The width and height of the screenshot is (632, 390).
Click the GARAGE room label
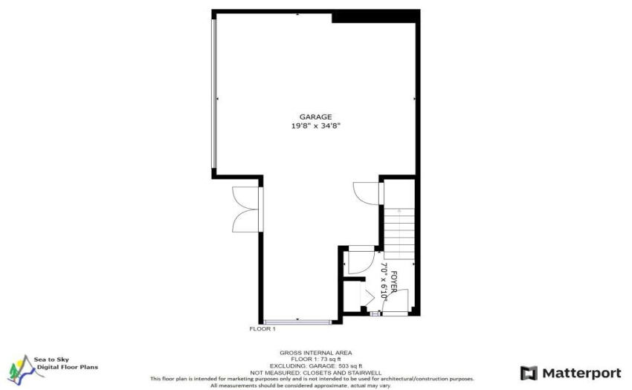pyautogui.click(x=315, y=117)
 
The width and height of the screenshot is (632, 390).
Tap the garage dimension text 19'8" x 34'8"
pyautogui.click(x=316, y=126)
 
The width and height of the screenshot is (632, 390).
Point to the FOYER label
pyautogui.click(x=394, y=282)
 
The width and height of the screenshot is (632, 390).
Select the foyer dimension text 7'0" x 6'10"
pyautogui.click(x=384, y=282)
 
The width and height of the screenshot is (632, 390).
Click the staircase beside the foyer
pyautogui.click(x=399, y=234)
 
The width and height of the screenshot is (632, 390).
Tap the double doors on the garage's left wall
pyautogui.click(x=247, y=209)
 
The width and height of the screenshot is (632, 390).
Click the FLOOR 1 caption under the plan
pyautogui.click(x=262, y=329)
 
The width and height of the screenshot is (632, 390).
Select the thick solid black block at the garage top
pyautogui.click(x=375, y=16)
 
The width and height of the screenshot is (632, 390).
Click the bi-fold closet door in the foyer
pyautogui.click(x=367, y=297)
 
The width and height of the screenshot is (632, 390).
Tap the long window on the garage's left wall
pyautogui.click(x=214, y=94)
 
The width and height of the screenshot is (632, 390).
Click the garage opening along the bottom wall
pyautogui.click(x=298, y=322)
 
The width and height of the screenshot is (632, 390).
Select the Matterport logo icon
pyautogui.click(x=529, y=373)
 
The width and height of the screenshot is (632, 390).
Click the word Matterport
pyautogui.click(x=581, y=373)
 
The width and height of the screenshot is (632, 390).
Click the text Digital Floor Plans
pyautogui.click(x=68, y=367)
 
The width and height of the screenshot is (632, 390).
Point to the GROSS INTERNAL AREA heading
pyautogui.click(x=316, y=353)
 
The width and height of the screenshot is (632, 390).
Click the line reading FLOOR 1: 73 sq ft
pyautogui.click(x=316, y=359)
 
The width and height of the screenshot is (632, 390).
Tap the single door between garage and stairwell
pyautogui.click(x=367, y=193)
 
